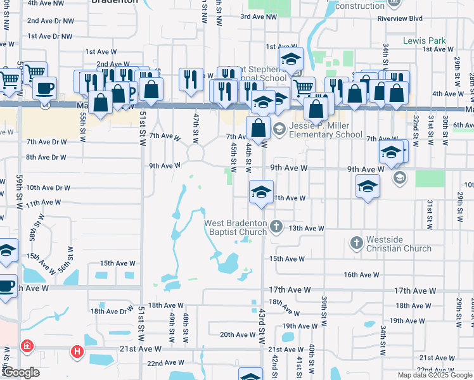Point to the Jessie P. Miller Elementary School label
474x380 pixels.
point(326,130)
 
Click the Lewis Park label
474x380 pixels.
point(425,41)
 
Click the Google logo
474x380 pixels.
point(21,373)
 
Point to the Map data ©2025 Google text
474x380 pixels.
point(435,375)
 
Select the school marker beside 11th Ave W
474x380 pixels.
point(260,192)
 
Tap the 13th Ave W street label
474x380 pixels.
point(307,228)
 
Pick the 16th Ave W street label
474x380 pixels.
point(361,274)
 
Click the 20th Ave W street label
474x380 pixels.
point(236,334)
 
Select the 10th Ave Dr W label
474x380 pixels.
point(48,187)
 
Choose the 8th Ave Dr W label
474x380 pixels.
point(46,157)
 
